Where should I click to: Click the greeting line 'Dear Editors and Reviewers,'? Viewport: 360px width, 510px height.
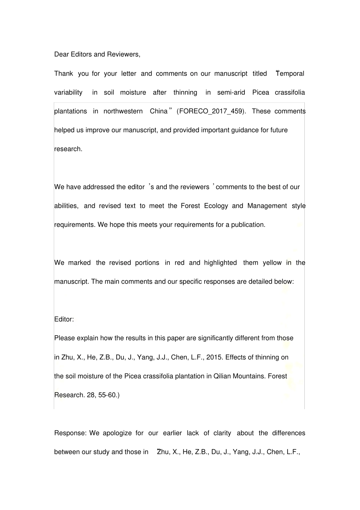97,54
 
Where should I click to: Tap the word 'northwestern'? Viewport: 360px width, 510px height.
123,111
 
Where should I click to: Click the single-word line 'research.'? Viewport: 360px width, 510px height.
68,149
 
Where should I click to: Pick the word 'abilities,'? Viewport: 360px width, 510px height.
66,206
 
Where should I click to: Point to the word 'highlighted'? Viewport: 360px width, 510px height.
220,263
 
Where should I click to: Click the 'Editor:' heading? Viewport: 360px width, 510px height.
64,319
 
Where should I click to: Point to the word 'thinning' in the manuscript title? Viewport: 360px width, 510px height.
185,92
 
